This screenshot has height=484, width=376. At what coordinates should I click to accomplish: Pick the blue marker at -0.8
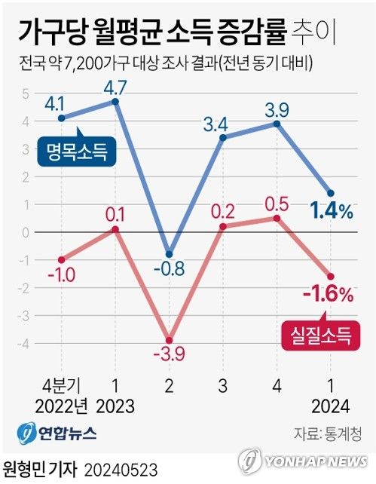point(170,254)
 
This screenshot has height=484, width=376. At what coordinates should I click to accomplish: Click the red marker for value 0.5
point(277,219)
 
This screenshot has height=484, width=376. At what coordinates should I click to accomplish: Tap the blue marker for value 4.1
point(61,118)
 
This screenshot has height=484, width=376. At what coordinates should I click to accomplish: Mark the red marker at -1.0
point(61,259)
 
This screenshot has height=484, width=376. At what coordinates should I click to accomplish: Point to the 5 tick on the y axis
point(25,93)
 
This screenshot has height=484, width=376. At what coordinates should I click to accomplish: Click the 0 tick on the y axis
point(25,232)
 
